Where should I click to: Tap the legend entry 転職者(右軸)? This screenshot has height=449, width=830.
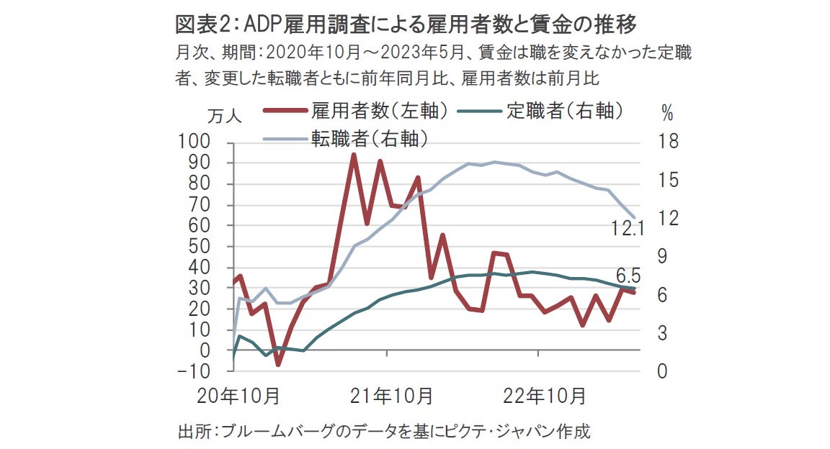pos(370,137)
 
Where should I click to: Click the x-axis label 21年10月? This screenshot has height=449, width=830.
pos(391,395)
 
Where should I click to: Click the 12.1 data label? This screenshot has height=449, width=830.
pos(627,230)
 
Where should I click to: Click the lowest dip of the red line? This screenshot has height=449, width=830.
pos(278,364)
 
